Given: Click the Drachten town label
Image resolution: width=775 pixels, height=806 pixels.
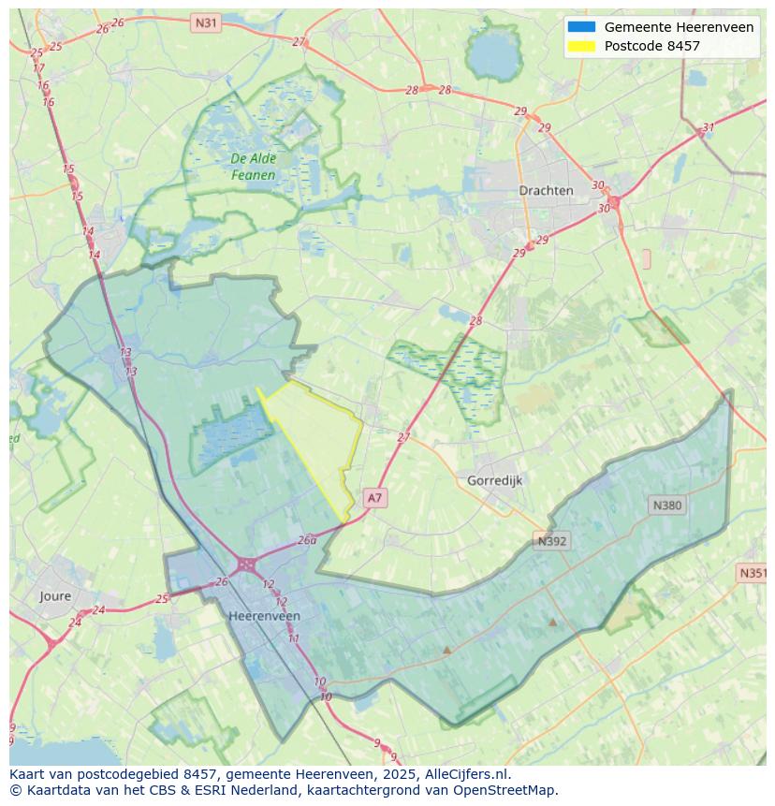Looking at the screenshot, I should [546, 190].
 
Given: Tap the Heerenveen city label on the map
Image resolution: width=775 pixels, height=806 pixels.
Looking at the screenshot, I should [264, 616].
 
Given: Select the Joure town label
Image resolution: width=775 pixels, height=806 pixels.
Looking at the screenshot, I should [55, 595].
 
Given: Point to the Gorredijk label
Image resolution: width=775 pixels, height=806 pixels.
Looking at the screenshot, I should [494, 480].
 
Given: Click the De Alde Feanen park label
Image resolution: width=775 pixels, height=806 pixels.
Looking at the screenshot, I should [253, 167].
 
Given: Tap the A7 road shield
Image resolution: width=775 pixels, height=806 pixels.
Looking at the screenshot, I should [374, 498].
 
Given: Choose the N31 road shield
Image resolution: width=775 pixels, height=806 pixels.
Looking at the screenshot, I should [205, 22].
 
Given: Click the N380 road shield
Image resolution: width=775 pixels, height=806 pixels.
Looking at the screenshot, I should [666, 505].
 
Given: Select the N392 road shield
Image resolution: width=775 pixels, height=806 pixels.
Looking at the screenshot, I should [552, 540].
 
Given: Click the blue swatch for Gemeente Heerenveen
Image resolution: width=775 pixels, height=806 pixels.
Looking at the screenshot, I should [580, 27].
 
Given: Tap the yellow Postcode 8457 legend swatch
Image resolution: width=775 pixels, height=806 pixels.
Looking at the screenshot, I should [580, 46].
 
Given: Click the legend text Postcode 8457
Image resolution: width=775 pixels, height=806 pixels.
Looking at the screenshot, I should [651, 46].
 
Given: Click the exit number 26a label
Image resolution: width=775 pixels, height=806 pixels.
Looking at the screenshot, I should [307, 540].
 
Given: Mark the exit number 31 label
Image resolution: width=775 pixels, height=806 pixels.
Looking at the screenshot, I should [709, 127].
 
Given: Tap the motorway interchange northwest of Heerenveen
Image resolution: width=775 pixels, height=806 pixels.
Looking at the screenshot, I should [246, 564].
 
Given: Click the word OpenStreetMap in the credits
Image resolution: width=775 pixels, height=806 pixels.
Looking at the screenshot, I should [504, 790].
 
